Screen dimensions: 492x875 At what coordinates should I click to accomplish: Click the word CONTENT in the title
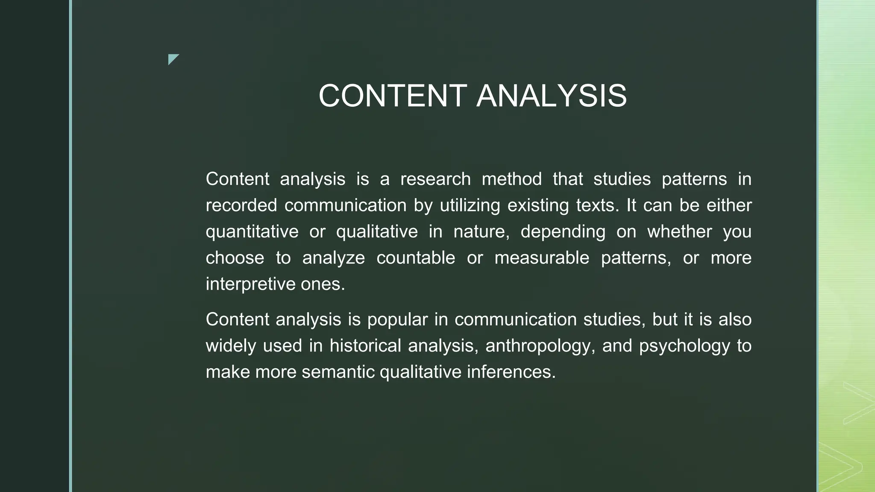coord(393,96)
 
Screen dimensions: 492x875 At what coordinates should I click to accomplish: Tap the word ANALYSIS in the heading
coord(552,96)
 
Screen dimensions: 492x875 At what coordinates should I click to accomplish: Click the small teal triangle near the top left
coord(172,59)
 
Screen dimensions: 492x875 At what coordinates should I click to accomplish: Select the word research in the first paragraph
coord(435,179)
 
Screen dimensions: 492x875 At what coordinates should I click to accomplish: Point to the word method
coord(511,179)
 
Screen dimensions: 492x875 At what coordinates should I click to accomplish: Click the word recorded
coord(241,205)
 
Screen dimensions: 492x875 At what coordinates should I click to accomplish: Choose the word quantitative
coord(252,232)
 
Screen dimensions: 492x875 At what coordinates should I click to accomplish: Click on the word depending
coord(563,232)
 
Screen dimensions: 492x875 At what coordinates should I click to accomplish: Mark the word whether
coord(679,232)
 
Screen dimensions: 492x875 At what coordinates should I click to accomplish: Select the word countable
coord(416,258)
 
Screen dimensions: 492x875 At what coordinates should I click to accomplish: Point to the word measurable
coord(542,258)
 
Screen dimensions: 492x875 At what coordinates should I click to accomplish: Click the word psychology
coord(684,346)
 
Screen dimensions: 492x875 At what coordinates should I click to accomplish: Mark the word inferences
coord(511,372)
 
